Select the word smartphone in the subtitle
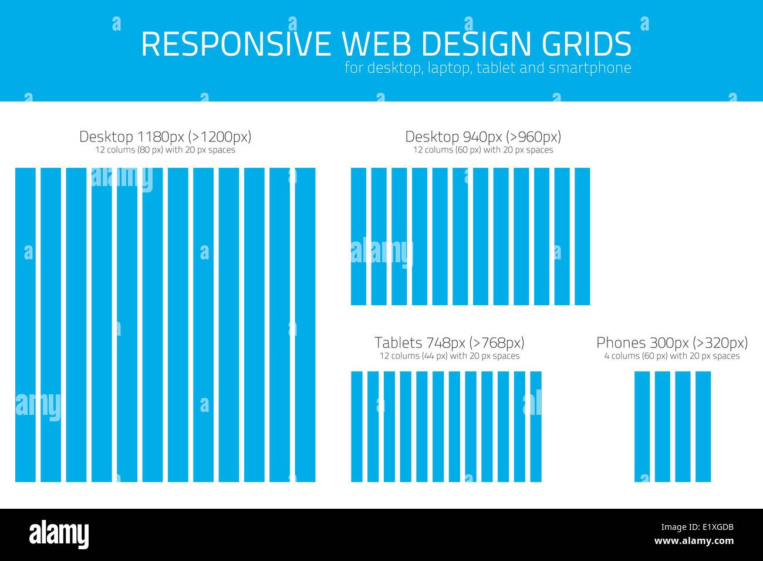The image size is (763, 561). coord(590,68)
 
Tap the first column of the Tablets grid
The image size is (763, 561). coord(357,427)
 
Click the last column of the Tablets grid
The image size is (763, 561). coord(536,427)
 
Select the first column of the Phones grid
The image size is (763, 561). coord(642,427)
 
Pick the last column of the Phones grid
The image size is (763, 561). coord(703,427)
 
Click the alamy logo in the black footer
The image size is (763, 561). coord(59,535)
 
